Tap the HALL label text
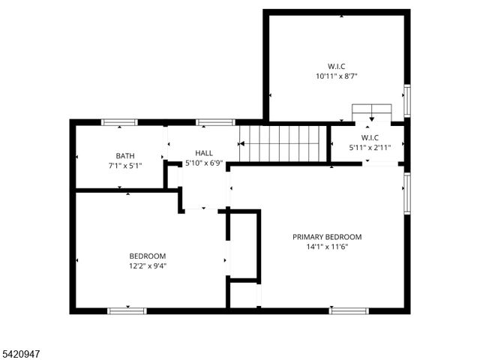204,153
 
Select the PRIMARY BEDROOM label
327,236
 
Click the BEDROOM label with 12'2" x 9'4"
147,256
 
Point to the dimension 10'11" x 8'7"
337,76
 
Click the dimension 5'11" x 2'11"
370,148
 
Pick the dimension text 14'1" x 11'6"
327,247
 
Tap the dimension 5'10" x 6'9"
204,163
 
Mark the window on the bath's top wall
118,122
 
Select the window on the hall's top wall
215,122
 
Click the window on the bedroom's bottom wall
127,310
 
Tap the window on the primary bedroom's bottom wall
349,310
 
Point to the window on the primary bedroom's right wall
407,193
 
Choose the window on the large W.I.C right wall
407,101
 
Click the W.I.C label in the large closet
337,65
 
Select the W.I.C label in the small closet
370,137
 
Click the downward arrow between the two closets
371,118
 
